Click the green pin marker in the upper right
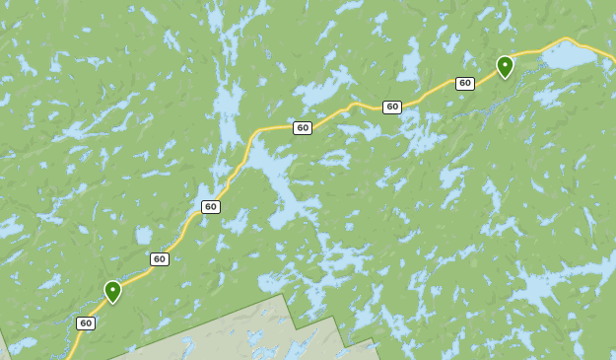click(x=505, y=66)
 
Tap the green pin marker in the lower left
click(x=112, y=291)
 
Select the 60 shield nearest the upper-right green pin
click(x=465, y=84)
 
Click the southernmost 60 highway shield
click(x=86, y=324)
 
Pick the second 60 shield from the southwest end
click(x=160, y=259)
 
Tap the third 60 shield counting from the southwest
click(x=211, y=207)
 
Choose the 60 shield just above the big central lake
click(x=303, y=128)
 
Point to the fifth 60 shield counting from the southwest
click(x=392, y=108)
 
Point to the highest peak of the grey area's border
click(x=283, y=294)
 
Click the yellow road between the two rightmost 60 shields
click(x=429, y=95)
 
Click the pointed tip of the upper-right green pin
click(x=505, y=79)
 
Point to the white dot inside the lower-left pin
click(x=112, y=288)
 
